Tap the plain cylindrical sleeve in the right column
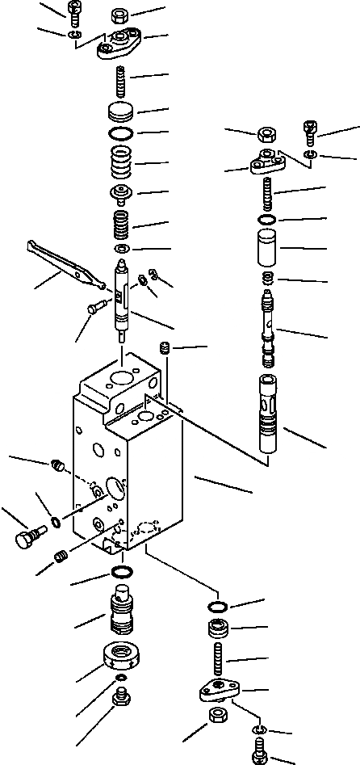coord(268,248)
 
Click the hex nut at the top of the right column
coord(267,134)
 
